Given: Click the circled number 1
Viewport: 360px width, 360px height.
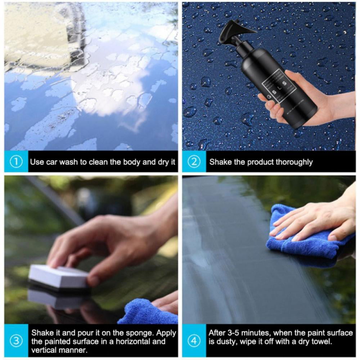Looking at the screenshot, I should [x=16, y=162].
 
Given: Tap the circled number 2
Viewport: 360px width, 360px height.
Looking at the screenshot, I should [x=194, y=162].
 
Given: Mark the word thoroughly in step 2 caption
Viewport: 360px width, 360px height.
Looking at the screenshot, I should [x=294, y=162].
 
